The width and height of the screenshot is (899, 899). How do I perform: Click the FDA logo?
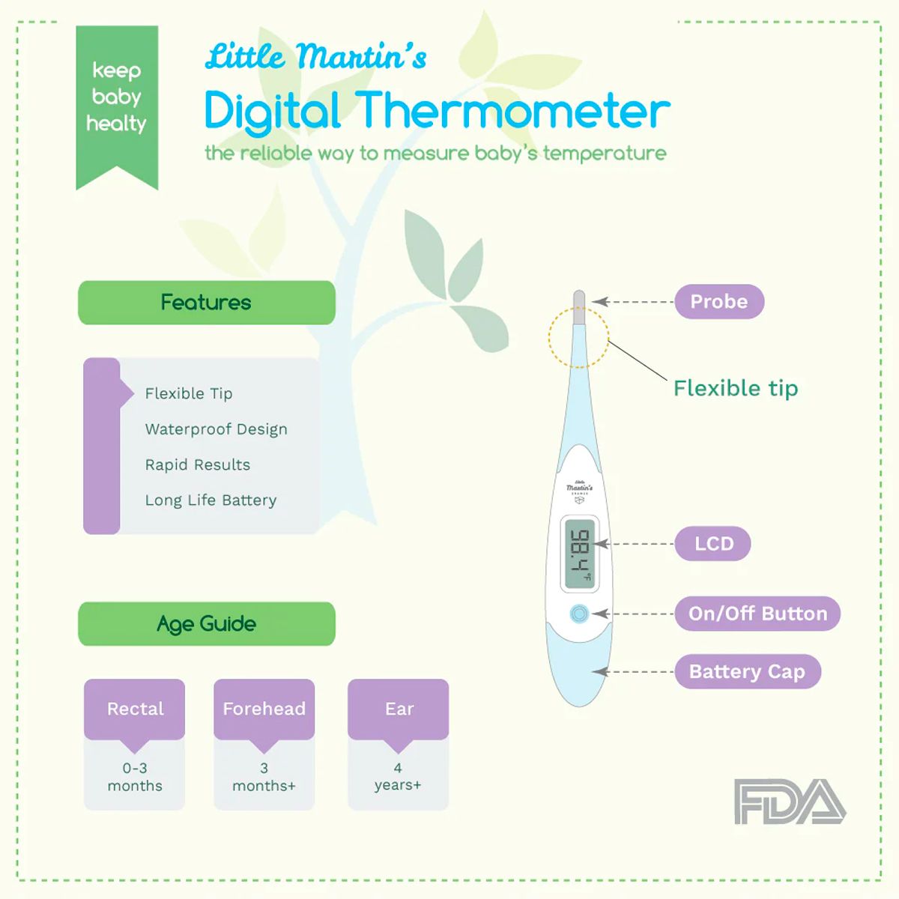coord(790,802)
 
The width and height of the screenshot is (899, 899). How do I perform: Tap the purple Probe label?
coord(719,302)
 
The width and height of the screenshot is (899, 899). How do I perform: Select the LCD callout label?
coord(712,544)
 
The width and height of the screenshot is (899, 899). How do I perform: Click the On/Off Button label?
coord(757,614)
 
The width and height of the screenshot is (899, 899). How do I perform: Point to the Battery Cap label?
coord(747,672)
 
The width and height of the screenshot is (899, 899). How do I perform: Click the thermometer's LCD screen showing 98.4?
coord(581,554)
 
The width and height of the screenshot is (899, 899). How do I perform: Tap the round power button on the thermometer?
coord(578,614)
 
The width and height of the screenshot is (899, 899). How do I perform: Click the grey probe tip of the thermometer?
coord(578,306)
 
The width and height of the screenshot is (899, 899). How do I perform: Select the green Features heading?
coord(206,303)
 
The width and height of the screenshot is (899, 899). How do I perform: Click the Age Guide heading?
coord(206,624)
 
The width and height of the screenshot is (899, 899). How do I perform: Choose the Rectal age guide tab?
coord(135,709)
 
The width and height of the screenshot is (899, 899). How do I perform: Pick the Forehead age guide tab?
coord(264,709)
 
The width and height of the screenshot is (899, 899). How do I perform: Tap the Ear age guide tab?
coord(399,709)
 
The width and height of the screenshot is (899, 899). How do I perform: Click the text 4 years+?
coord(398,777)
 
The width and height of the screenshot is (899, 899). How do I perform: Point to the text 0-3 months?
coord(135,777)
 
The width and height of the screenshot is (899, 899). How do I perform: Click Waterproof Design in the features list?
coord(216,429)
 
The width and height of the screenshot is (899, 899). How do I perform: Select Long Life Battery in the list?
coord(211,500)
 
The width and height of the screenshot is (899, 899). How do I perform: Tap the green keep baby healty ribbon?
coord(117,97)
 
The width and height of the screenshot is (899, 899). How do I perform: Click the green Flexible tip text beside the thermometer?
coord(736,388)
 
